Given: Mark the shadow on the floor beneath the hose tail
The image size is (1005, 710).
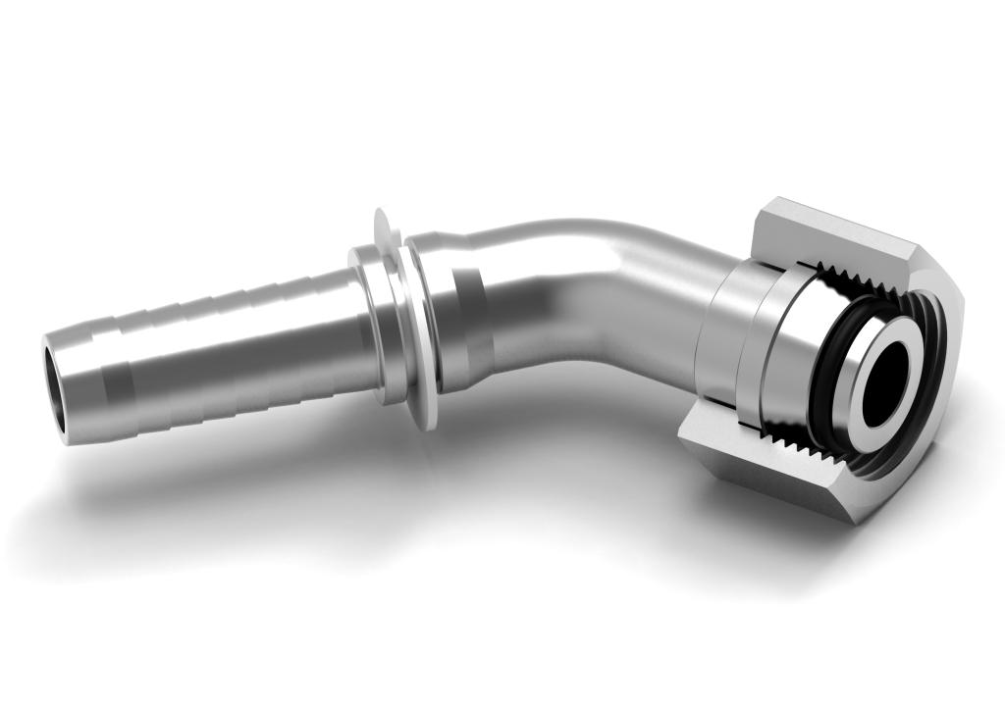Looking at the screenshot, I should click(x=245, y=490).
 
